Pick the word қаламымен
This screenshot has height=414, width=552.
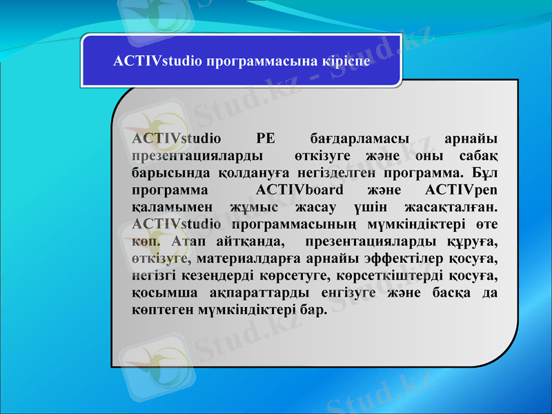pyautogui.click(x=168, y=206)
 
